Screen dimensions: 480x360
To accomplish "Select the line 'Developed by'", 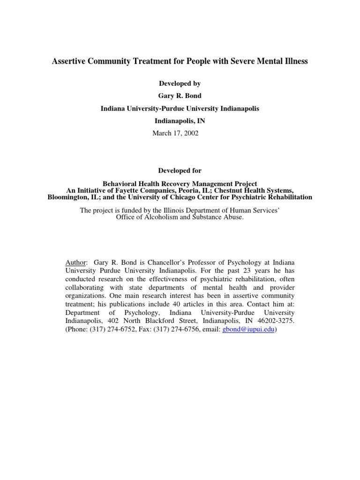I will (x=180, y=83).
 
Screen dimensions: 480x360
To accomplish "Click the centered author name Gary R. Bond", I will (x=180, y=96).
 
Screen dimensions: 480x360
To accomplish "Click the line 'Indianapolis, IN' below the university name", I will (x=180, y=120).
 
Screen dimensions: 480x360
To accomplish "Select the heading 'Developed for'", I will (x=180, y=171).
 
